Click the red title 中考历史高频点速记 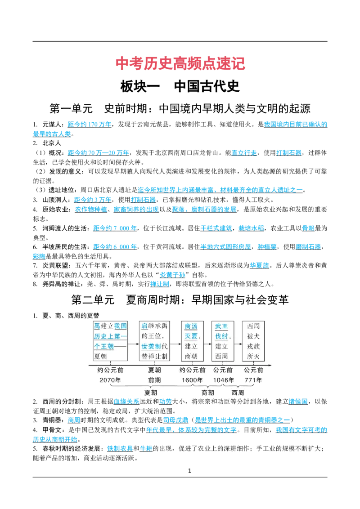pyautogui.click(x=180, y=64)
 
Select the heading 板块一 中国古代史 pyautogui.click(x=180, y=86)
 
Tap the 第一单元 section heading pyautogui.click(x=180, y=108)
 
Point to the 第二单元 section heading pyautogui.click(x=180, y=299)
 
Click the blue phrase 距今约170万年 pyautogui.click(x=90, y=125)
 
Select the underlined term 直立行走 pyautogui.click(x=244, y=152)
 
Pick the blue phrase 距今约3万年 pyautogui.click(x=93, y=200)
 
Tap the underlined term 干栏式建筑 pyautogui.click(x=216, y=228)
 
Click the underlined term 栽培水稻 pyautogui.click(x=251, y=228)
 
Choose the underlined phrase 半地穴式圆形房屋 pyautogui.click(x=225, y=247)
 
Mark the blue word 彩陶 pyautogui.click(x=39, y=256)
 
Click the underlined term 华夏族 pyautogui.click(x=259, y=266)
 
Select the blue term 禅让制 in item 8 pyautogui.click(x=160, y=284)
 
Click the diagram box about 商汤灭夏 pyautogui.click(x=192, y=341)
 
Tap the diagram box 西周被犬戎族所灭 pyautogui.click(x=253, y=341)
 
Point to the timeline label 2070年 pyautogui.click(x=110, y=380)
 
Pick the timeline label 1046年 pyautogui.click(x=223, y=380)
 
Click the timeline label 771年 pyautogui.click(x=253, y=380)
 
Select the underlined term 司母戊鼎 pyautogui.click(x=175, y=420)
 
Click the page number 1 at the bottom pyautogui.click(x=190, y=471)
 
